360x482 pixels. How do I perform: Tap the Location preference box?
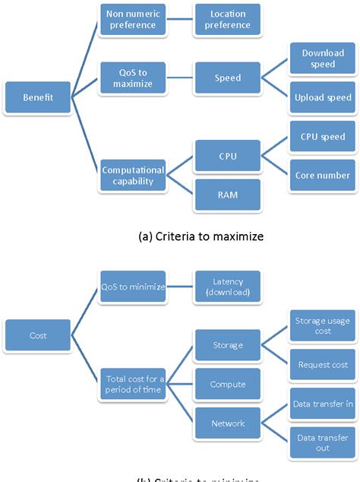(227, 20)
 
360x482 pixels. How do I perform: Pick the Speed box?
(227, 78)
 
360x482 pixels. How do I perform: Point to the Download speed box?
(322, 59)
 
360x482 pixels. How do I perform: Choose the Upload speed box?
(322, 97)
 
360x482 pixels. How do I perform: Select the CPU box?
(227, 157)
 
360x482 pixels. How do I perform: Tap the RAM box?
(227, 195)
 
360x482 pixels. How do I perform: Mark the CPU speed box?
(322, 138)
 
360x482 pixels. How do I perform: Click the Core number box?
(322, 176)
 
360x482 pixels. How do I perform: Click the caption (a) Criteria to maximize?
(201, 236)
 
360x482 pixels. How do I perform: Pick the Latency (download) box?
(227, 287)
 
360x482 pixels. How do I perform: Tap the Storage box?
(227, 345)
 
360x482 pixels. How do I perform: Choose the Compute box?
(227, 385)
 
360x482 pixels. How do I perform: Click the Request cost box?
(322, 365)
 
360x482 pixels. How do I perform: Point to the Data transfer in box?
(322, 404)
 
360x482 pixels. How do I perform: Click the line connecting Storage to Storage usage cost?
(275, 336)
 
